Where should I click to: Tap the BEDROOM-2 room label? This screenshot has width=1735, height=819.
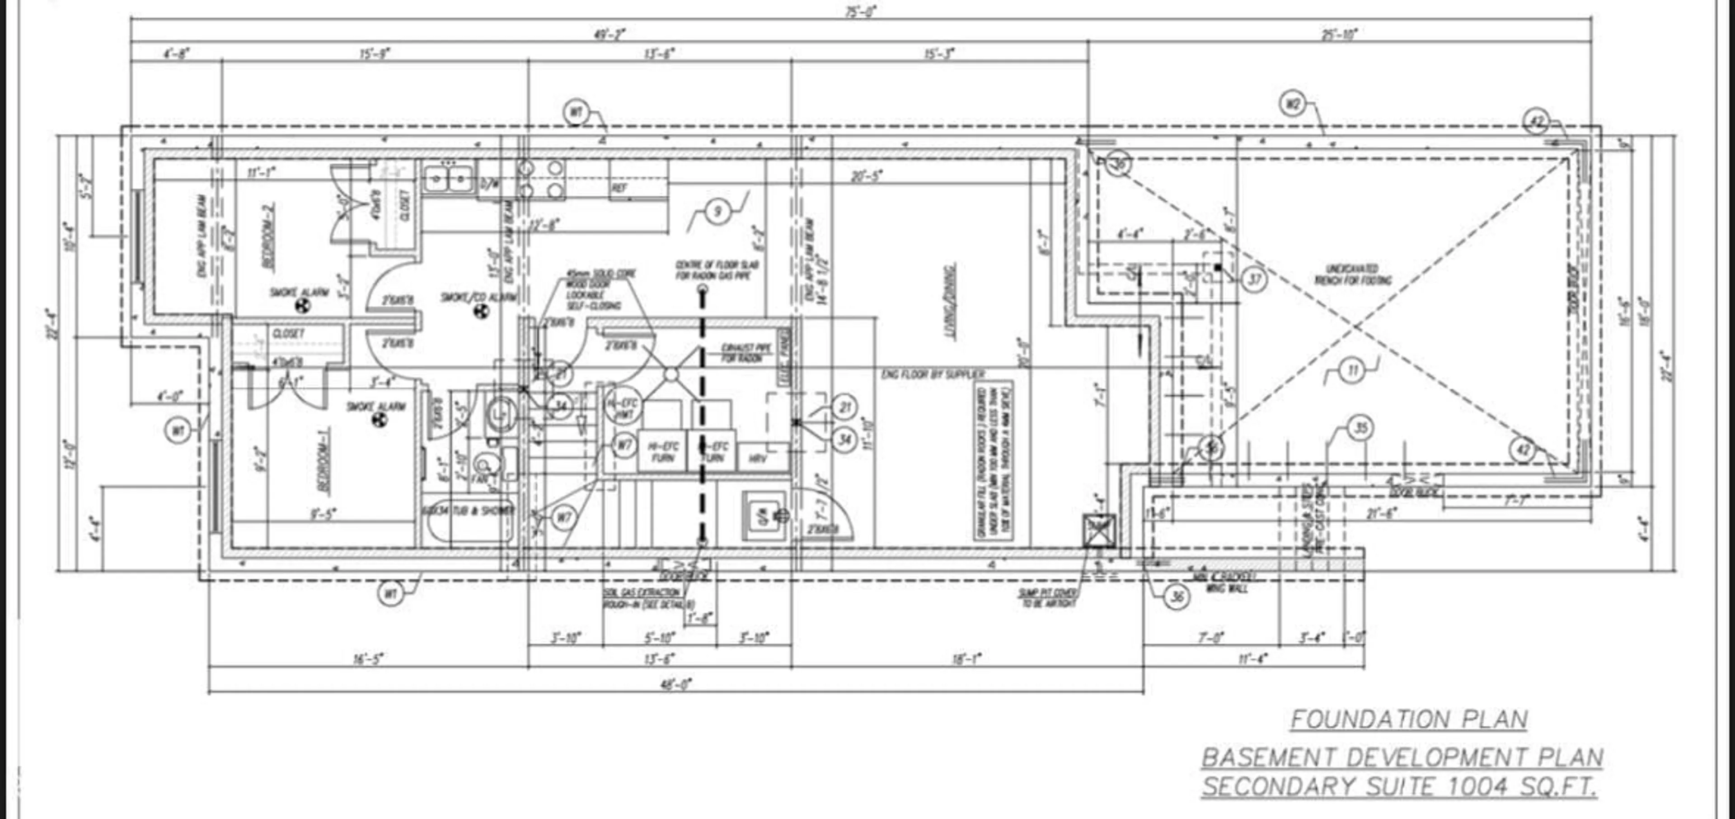pyautogui.click(x=269, y=243)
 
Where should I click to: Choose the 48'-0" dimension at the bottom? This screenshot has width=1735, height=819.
pyautogui.click(x=677, y=684)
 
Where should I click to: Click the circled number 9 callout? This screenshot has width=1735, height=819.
pyautogui.click(x=717, y=212)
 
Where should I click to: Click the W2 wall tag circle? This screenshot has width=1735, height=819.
pyautogui.click(x=1292, y=104)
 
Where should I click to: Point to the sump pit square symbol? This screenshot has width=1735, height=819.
pyautogui.click(x=1098, y=530)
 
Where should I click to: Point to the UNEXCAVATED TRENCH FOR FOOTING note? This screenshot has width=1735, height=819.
pyautogui.click(x=1354, y=275)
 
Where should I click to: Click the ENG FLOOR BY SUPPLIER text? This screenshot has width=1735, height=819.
pyautogui.click(x=933, y=374)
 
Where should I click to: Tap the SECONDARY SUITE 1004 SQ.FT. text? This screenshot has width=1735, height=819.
pyautogui.click(x=1400, y=786)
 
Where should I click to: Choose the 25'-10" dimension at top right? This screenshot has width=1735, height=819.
pyautogui.click(x=1339, y=34)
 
